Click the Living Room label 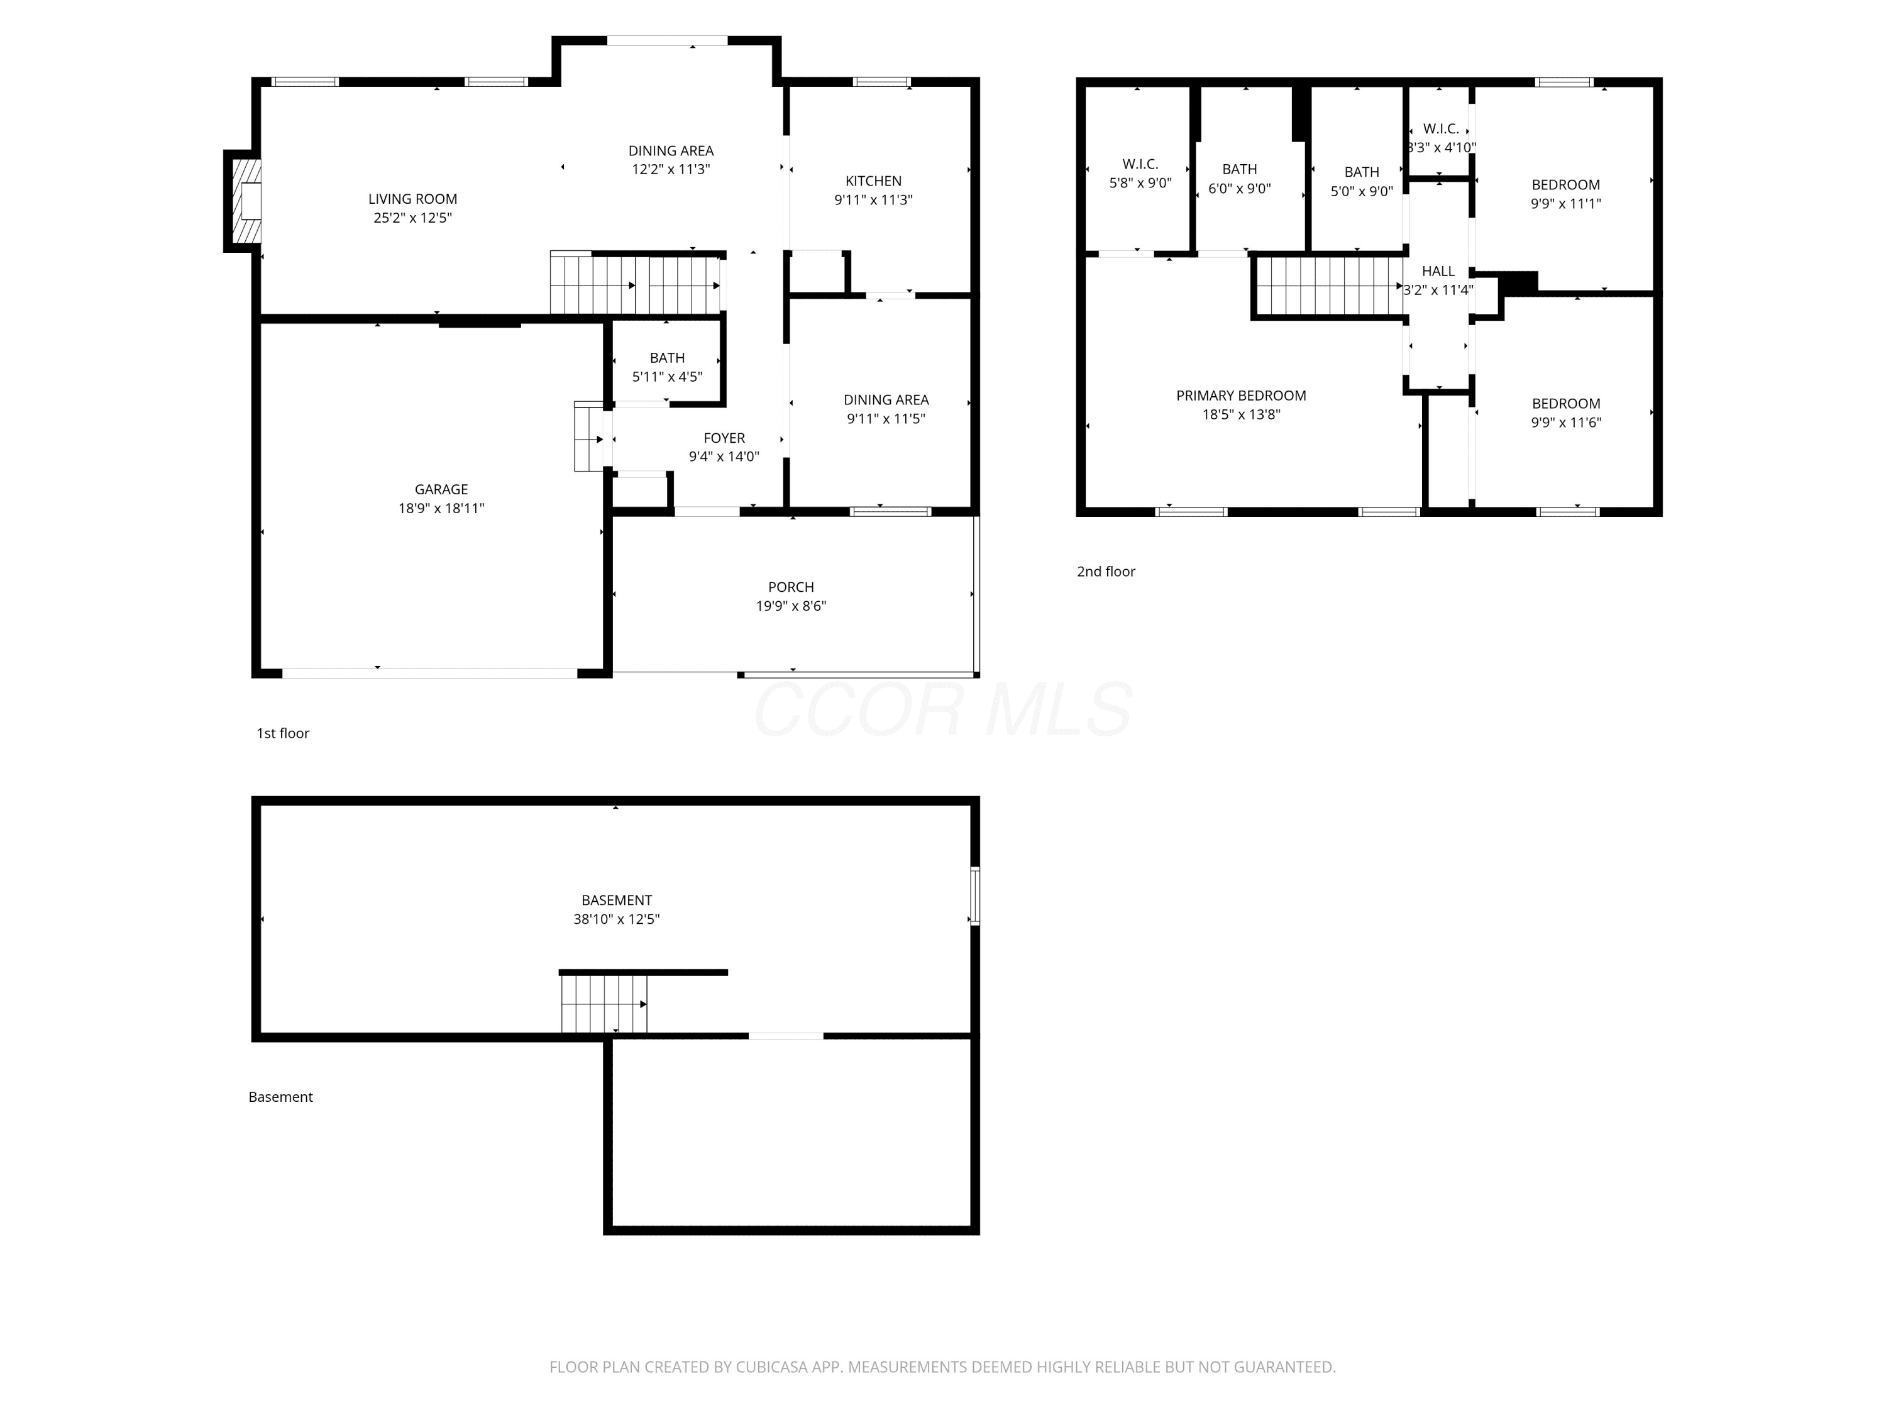(x=412, y=199)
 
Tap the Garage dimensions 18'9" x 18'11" (x=442, y=508)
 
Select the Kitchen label (x=873, y=181)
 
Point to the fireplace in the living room (x=243, y=201)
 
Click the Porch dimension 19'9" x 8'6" (x=791, y=606)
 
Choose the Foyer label (x=724, y=438)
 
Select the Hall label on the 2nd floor (x=1438, y=271)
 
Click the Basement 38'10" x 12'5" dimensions (x=617, y=919)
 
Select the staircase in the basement (x=604, y=1004)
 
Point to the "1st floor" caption (x=283, y=733)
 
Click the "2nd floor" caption (x=1106, y=572)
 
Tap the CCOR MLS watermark (x=943, y=709)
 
